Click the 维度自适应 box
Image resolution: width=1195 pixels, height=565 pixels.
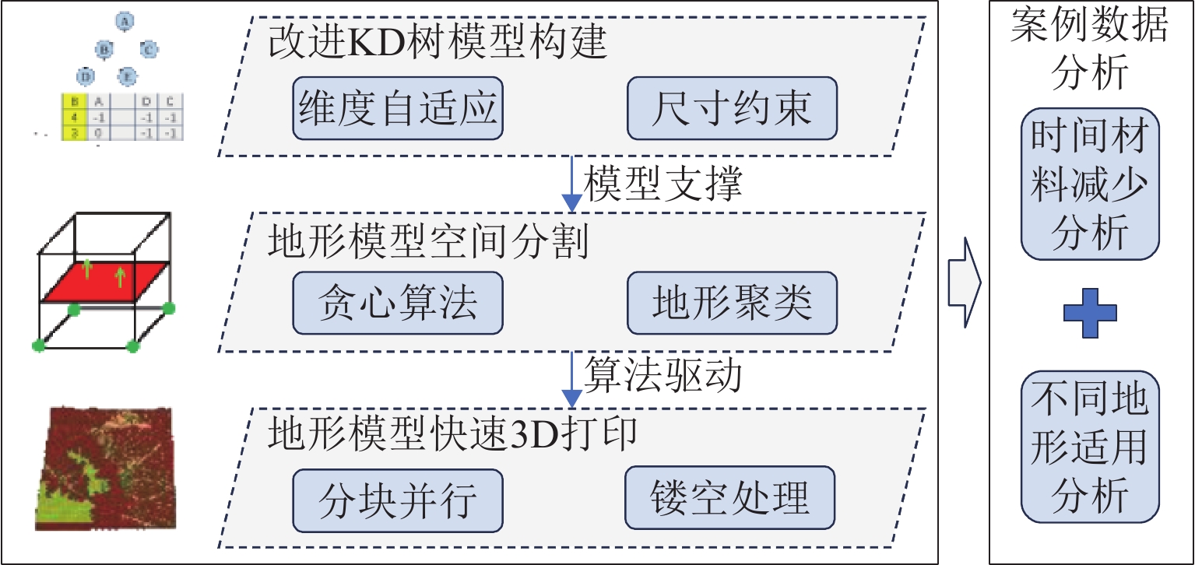pos(398,107)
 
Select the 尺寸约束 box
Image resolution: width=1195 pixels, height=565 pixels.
pos(732,107)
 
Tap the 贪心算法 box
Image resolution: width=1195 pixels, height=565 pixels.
pos(398,303)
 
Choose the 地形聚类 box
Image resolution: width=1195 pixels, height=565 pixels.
pos(732,303)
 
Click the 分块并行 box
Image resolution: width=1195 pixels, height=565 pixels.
pos(398,498)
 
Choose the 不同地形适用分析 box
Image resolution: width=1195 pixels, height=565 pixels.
pos(1090,447)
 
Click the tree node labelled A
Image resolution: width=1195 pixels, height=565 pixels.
pos(123,21)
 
